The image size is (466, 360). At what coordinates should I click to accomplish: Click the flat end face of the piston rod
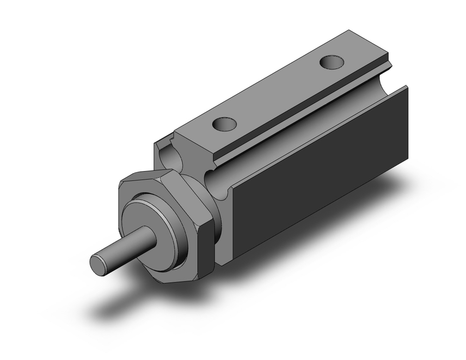pyautogui.click(x=99, y=264)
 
